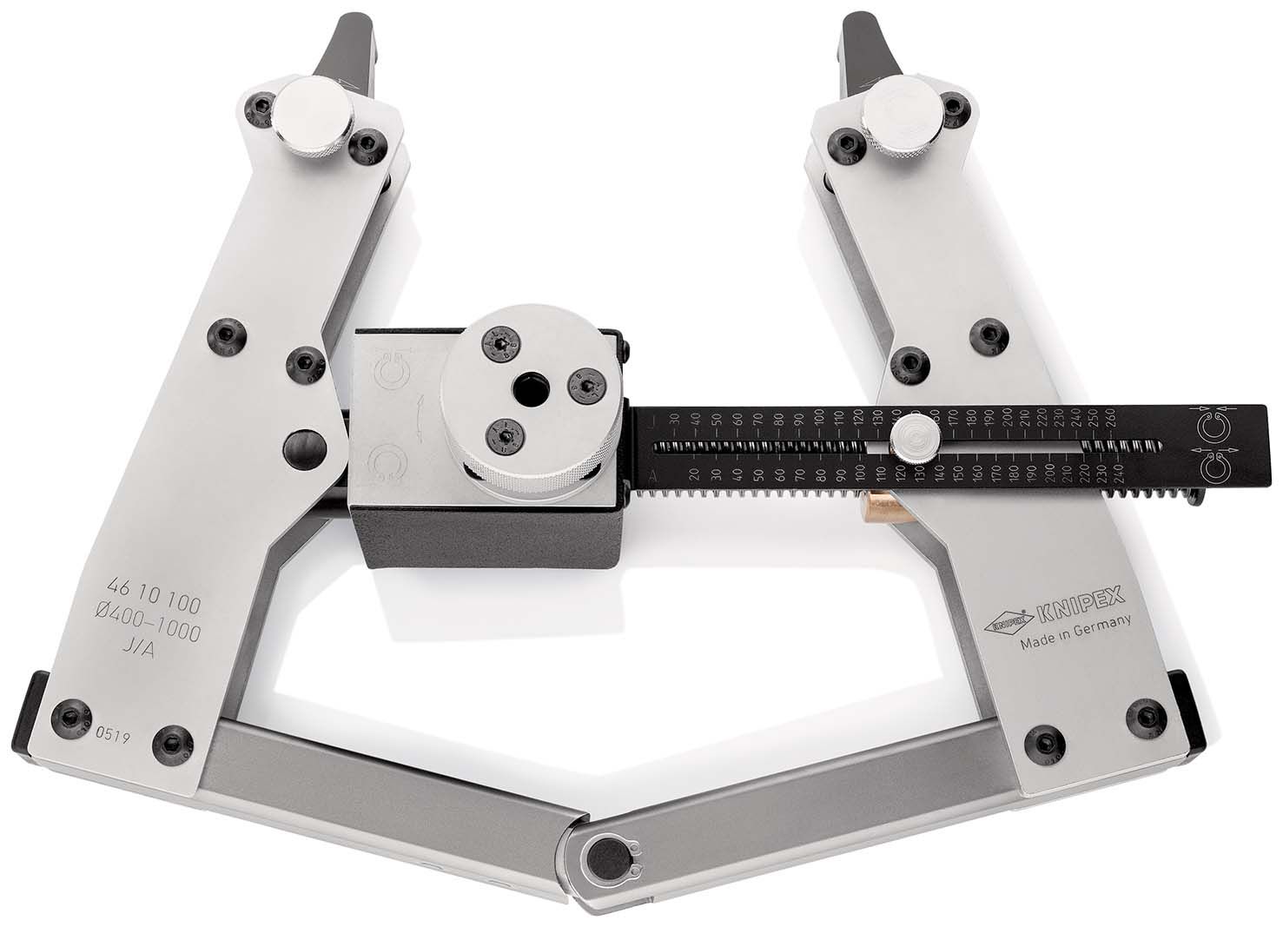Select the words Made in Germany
pos(1075,634)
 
